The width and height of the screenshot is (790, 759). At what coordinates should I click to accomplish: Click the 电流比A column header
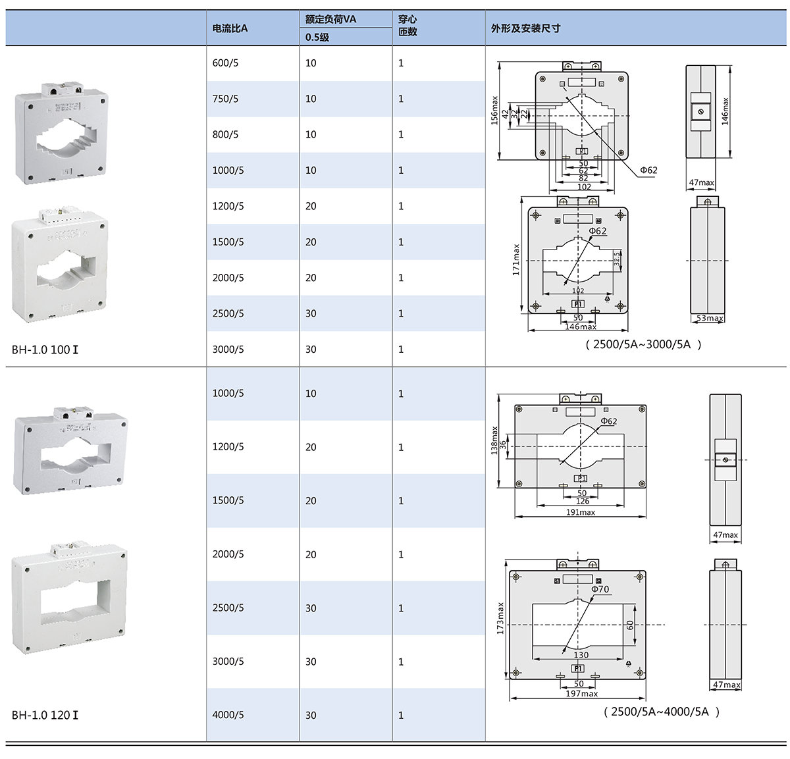tap(230, 28)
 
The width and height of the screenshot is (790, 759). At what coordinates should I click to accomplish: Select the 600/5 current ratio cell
tap(225, 63)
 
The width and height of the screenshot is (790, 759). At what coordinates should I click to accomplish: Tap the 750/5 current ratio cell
tap(225, 99)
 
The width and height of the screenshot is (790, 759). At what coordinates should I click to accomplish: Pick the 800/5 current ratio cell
tap(225, 134)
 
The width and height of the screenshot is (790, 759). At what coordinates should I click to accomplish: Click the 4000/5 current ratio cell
tap(228, 715)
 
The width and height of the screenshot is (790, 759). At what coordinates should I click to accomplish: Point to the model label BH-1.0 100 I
tap(45, 350)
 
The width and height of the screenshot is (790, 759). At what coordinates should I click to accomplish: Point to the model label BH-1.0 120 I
tap(45, 715)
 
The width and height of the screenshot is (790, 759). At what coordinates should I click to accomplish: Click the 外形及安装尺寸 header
tap(525, 28)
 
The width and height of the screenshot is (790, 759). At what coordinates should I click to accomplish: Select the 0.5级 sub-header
tap(317, 38)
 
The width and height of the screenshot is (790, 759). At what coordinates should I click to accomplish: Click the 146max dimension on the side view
tap(725, 111)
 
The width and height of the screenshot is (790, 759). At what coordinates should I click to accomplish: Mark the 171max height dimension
tap(516, 259)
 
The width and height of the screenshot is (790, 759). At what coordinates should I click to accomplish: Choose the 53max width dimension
tap(710, 319)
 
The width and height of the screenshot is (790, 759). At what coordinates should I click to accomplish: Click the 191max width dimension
tap(580, 512)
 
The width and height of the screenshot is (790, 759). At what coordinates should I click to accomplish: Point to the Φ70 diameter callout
tap(600, 589)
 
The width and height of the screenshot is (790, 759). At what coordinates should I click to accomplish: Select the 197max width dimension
tap(581, 694)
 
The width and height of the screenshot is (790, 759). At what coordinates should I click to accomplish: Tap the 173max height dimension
tap(500, 618)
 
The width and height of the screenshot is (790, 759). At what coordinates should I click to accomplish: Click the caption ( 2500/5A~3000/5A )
tap(643, 344)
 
